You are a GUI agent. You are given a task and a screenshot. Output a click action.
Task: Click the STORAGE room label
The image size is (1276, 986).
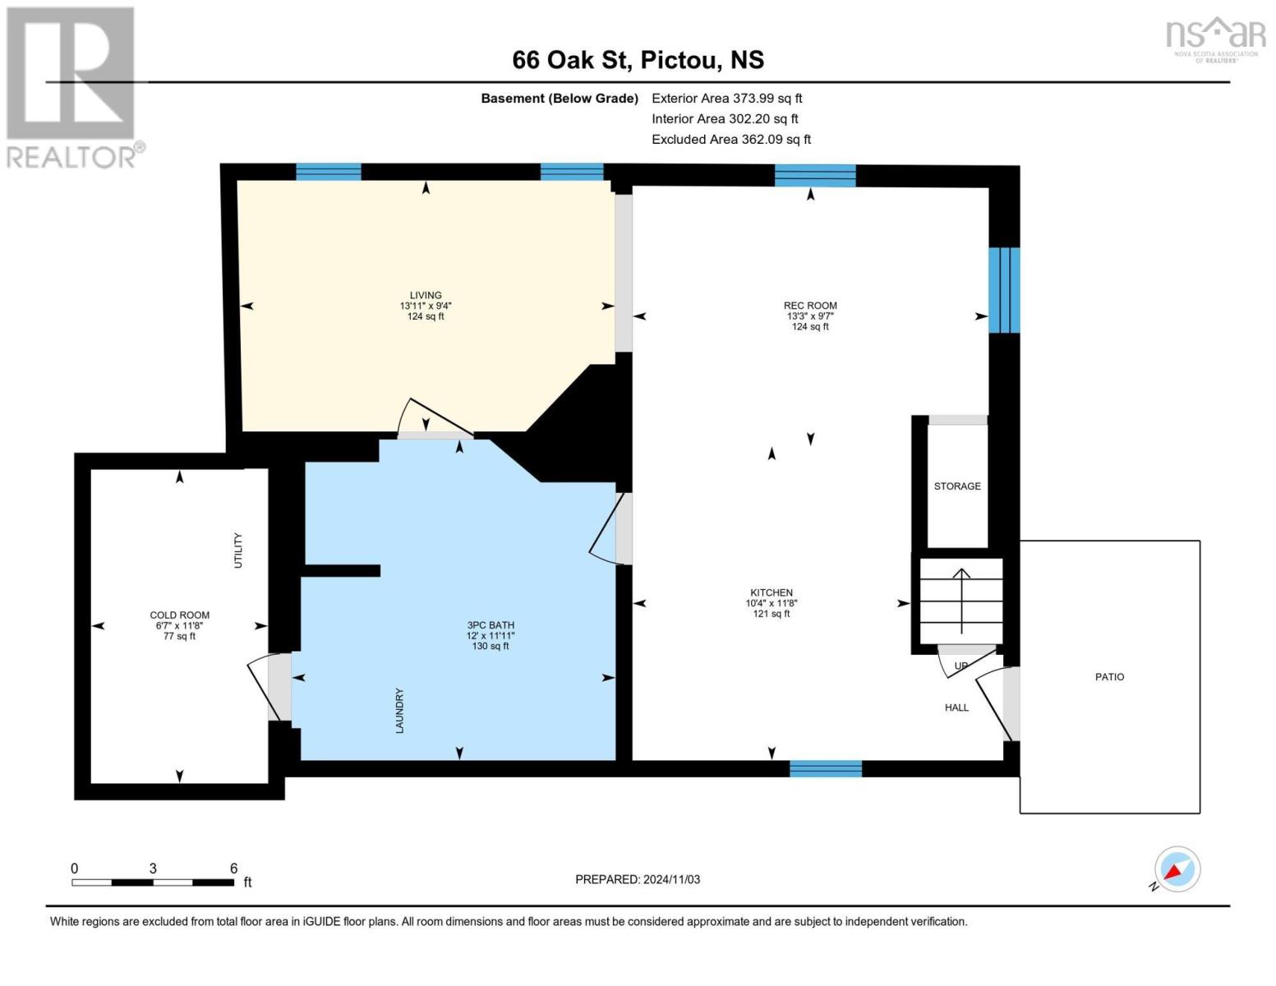click(957, 486)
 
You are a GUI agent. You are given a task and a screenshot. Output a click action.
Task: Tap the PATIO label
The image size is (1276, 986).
click(1109, 677)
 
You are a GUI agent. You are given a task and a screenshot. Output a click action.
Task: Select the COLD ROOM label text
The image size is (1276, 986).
click(180, 615)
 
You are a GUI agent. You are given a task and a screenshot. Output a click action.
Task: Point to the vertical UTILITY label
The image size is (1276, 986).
click(237, 551)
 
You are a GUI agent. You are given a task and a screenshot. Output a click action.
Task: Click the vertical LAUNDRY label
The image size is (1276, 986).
click(399, 711)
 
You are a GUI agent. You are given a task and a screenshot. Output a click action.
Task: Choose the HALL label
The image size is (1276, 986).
click(956, 707)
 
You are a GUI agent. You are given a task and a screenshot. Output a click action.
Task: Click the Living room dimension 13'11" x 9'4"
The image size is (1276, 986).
click(426, 306)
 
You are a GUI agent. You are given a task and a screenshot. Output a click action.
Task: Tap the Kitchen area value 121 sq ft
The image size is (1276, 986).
click(772, 614)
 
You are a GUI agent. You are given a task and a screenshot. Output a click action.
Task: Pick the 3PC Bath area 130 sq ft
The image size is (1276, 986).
click(491, 646)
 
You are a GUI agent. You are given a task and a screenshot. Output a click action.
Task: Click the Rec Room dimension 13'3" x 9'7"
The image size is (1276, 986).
click(810, 316)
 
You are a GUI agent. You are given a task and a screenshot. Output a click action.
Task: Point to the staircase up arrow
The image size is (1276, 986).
click(961, 601)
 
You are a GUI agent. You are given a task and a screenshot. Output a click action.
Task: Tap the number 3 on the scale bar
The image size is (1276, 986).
click(153, 868)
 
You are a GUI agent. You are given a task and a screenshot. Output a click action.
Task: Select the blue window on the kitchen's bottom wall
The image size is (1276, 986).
click(826, 769)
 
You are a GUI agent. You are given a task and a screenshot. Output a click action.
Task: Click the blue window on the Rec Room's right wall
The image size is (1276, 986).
click(1004, 290)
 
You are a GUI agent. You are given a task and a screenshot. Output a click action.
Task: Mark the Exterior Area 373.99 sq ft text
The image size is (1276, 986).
click(726, 99)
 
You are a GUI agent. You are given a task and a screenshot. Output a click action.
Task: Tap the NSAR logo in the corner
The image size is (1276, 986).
click(1215, 41)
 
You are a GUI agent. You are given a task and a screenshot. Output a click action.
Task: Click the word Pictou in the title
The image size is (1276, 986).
click(681, 61)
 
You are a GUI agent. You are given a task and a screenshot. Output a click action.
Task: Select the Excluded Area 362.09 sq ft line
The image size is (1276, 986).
click(731, 140)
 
